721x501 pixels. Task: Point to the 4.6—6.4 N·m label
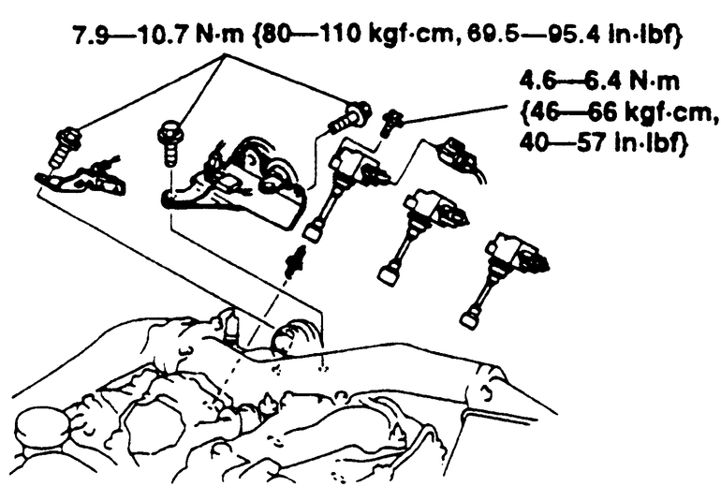coord(599,81)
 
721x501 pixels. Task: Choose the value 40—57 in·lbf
coord(603,142)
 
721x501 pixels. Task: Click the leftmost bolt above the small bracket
coord(64,147)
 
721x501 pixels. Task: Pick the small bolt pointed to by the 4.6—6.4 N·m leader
coord(390,122)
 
